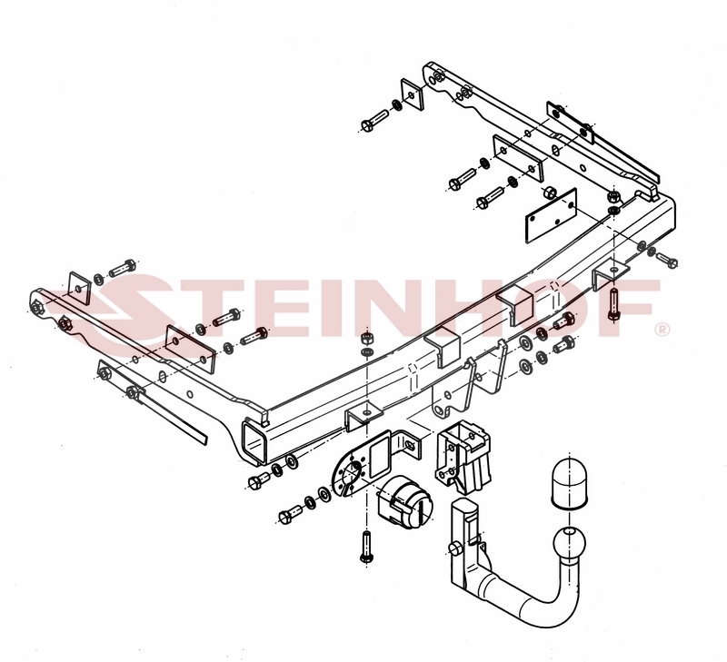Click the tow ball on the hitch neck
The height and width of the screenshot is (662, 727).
click(570, 543)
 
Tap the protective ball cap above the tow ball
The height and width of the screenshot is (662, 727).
click(569, 485)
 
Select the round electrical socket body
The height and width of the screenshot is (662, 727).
click(404, 504)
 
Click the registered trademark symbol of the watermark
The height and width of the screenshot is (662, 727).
click(662, 330)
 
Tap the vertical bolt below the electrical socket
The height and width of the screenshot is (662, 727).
click(366, 547)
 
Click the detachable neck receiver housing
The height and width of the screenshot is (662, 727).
click(463, 456)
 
